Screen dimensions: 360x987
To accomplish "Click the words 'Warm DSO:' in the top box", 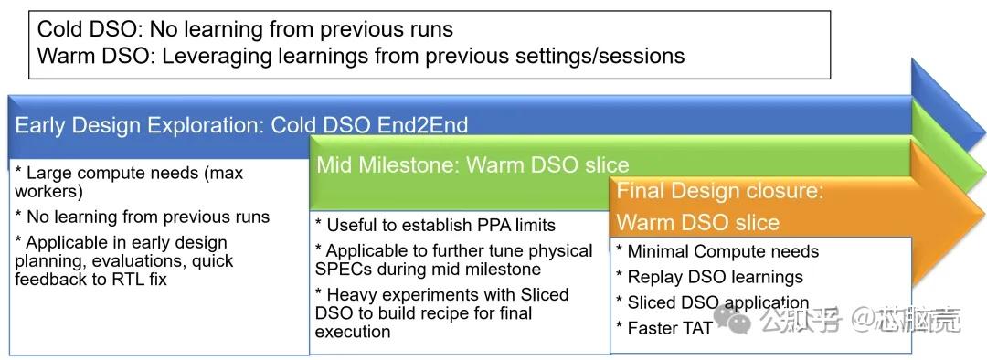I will [95, 56].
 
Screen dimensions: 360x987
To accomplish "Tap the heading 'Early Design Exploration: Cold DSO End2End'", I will [241, 125].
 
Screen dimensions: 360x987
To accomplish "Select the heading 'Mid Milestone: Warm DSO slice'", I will [472, 165].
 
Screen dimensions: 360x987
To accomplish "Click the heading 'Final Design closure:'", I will [720, 191].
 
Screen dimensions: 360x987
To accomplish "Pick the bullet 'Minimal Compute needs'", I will [717, 251].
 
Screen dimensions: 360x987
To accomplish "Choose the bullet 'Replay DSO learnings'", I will [709, 277].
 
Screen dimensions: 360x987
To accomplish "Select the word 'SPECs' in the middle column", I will [344, 270].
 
